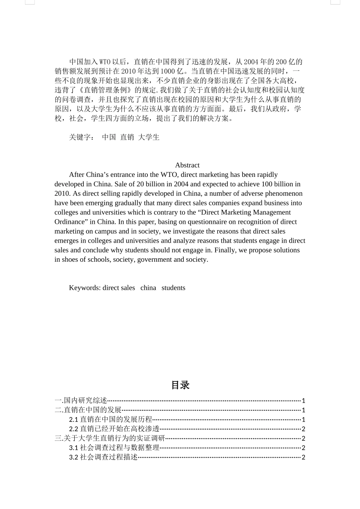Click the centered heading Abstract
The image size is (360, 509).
pos(187,165)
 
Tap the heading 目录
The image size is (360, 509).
pos(180,385)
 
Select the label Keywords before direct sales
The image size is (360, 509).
pos(85,288)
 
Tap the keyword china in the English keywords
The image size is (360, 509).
pos(148,288)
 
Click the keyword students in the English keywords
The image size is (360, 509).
pos(173,288)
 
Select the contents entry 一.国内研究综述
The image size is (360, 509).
pos(81,400)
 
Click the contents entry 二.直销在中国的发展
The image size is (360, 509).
pos(88,410)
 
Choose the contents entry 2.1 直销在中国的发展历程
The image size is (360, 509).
pos(111,419)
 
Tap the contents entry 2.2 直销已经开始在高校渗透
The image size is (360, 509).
pos(114,429)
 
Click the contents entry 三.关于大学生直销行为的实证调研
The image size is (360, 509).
pos(110,438)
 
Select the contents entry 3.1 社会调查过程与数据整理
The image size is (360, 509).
pos(114,448)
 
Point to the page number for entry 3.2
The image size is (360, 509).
pos(303,457)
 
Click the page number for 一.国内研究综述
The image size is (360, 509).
pos(303,401)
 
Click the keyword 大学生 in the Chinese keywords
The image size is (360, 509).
pos(149,137)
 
